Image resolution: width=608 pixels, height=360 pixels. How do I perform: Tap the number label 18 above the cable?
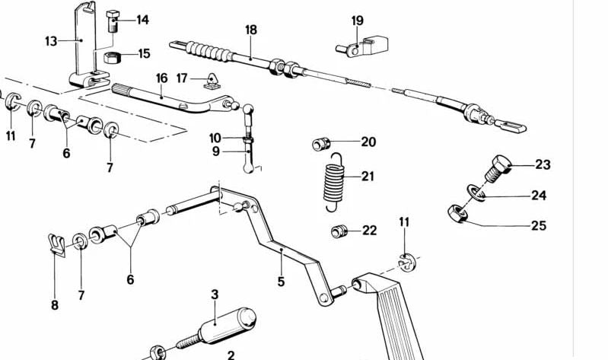pyautogui.click(x=251, y=30)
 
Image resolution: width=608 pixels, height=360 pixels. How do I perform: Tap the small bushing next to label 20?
pyautogui.click(x=321, y=143)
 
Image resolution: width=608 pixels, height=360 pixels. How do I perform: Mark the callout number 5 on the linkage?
pyautogui.click(x=281, y=282)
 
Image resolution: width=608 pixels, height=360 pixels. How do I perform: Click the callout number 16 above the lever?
pyautogui.click(x=161, y=78)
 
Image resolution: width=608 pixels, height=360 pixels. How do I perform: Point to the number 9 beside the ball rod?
pyautogui.click(x=215, y=151)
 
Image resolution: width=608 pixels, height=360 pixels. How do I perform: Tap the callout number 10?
pyautogui.click(x=215, y=138)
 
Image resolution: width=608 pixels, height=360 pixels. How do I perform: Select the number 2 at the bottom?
pyautogui.click(x=231, y=355)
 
